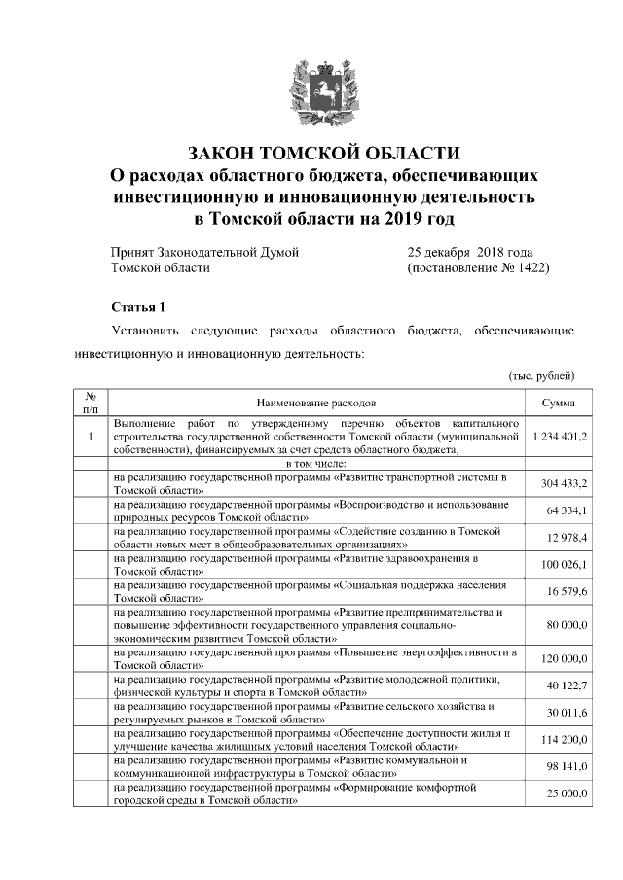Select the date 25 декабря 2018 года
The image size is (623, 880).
click(x=470, y=252)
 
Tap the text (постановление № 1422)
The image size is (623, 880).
click(x=478, y=267)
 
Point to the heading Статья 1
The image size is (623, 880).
click(x=139, y=307)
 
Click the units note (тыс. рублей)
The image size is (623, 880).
click(x=541, y=375)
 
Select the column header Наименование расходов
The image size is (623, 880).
click(x=315, y=402)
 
